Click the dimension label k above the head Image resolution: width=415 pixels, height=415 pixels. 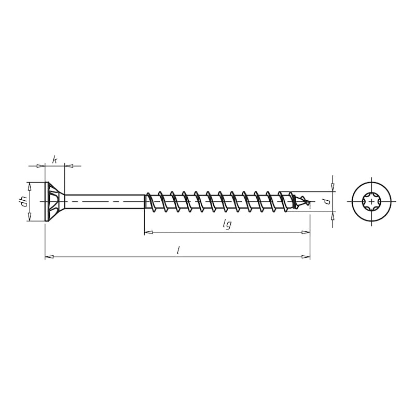click(54, 160)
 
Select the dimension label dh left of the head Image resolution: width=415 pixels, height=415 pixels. click(23, 202)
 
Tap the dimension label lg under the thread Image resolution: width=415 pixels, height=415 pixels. click(226, 225)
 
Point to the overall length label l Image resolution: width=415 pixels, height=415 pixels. click(178, 250)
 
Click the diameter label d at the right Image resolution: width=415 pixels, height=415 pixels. click(326, 201)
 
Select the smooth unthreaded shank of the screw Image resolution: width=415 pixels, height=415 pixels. click(104, 202)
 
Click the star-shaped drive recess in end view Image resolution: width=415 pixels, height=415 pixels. click(371, 201)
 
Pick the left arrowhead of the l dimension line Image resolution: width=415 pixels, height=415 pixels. click(49, 256)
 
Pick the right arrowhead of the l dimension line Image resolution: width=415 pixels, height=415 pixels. click(306, 256)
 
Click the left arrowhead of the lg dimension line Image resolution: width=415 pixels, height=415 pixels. click(148, 232)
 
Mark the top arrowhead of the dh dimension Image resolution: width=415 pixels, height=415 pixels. click(30, 186)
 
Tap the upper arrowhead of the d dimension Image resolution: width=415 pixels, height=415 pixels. click(333, 187)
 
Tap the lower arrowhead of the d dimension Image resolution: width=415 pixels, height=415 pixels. click(333, 216)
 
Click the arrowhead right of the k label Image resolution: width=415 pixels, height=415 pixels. click(69, 166)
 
